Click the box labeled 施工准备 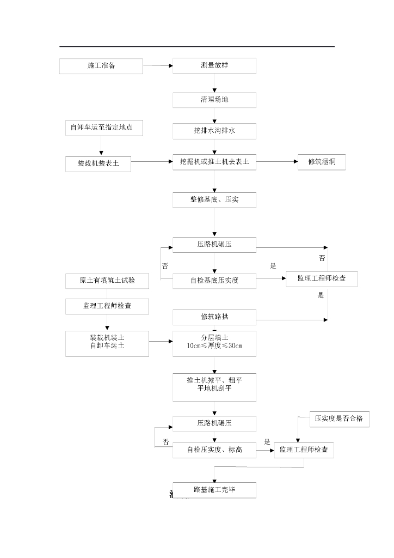tap(101, 66)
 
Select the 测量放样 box tap(214, 66)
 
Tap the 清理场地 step tap(214, 100)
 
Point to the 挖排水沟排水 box tap(214, 131)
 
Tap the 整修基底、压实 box tap(214, 200)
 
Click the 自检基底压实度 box tap(214, 281)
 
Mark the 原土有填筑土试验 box tap(107, 281)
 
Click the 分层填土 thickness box tap(214, 343)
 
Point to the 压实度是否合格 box tap(339, 419)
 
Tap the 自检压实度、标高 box tap(214, 450)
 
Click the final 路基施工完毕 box tap(214, 489)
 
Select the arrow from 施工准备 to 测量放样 tap(158, 66)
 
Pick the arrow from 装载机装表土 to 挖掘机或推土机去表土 tap(152, 162)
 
